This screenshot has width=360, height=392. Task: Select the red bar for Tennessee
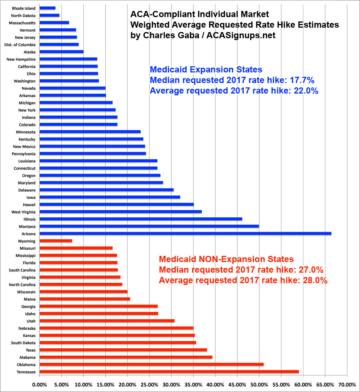169,372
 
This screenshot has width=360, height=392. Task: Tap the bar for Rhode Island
47,8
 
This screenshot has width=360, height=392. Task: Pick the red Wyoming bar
56,241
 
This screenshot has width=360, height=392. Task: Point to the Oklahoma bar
151,364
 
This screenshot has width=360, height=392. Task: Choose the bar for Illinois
141,219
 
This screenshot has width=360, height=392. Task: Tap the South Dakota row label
23,343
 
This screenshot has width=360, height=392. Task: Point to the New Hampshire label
21,59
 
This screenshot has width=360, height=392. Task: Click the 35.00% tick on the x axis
193,384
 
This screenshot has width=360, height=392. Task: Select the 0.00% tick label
39,384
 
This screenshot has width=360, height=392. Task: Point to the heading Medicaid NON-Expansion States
226,259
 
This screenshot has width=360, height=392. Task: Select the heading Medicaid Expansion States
206,70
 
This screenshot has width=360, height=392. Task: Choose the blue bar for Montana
149,226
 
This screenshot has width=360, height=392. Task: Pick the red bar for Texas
123,350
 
